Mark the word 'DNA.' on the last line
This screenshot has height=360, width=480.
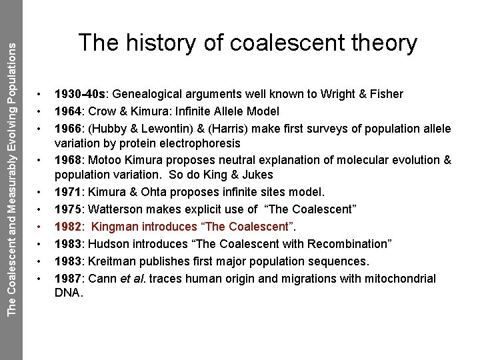pos(68,291)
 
